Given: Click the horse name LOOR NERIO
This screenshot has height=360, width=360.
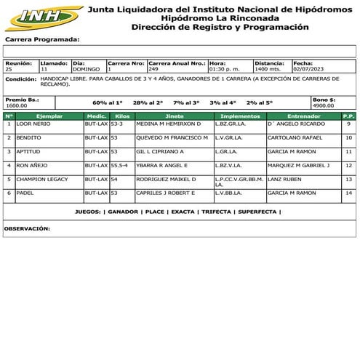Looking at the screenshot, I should point(33,124).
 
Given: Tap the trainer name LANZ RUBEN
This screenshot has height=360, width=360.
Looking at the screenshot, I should point(283,179).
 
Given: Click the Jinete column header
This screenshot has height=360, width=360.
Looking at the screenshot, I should point(174,116).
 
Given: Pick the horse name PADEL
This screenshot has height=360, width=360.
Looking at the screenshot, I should point(25,193).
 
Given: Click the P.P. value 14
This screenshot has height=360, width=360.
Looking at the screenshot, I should point(348,193).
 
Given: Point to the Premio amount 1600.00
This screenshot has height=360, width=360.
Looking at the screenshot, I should point(16,105).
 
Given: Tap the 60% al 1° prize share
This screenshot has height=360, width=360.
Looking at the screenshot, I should point(108,103).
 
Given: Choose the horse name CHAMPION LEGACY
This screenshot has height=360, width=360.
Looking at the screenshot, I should point(41,179).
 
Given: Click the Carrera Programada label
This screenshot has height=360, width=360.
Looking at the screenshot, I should point(41,39).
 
